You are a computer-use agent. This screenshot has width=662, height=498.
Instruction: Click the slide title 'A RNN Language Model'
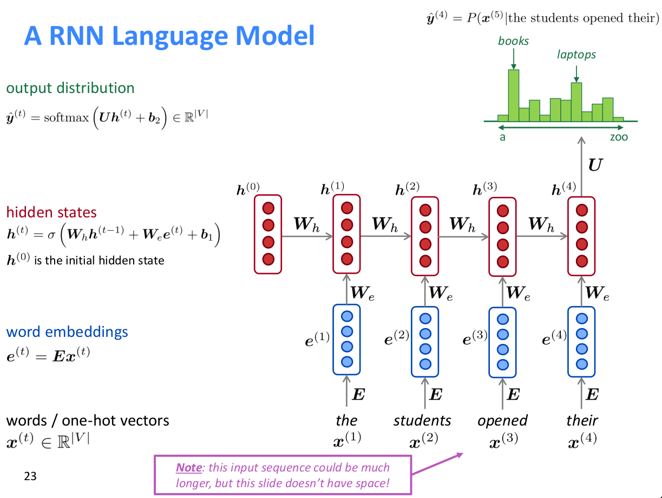(169, 36)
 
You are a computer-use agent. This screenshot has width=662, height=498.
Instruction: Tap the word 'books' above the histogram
(513, 41)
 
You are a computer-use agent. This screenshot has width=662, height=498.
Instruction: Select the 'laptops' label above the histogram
(576, 55)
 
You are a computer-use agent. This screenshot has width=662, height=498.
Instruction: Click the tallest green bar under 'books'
(513, 95)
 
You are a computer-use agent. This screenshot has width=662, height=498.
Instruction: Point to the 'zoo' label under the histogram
(619, 137)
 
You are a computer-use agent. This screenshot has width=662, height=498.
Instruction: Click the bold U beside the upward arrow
(594, 165)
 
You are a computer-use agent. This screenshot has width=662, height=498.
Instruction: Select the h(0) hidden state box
(268, 234)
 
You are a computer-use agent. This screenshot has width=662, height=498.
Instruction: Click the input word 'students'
(422, 421)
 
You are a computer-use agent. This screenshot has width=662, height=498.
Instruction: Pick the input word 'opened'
(502, 421)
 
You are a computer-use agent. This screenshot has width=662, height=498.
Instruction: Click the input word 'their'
(582, 421)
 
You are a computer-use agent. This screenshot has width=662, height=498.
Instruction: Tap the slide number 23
(30, 476)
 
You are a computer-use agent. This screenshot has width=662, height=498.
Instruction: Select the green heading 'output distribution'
(70, 88)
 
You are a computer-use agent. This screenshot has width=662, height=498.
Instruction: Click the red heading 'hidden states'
(51, 212)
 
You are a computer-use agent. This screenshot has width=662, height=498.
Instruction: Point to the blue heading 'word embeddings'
(67, 331)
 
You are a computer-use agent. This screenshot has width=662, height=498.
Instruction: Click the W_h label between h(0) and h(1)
(306, 224)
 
